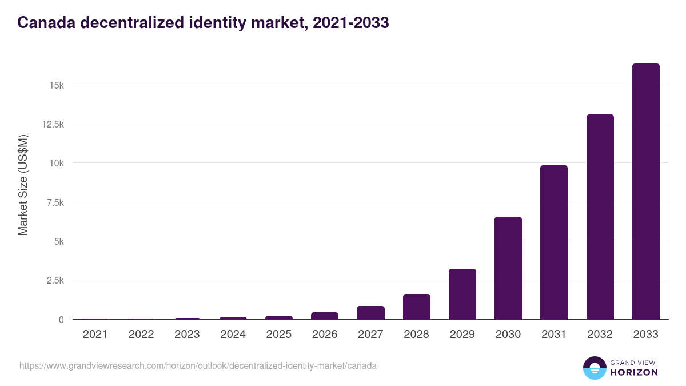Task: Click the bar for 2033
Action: coord(645,192)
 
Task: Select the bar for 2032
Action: coord(600,217)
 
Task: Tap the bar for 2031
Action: coord(554,242)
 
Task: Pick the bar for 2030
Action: coord(508,268)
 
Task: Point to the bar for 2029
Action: coord(462,294)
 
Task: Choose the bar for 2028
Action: coord(416,307)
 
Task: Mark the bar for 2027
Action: coord(370,313)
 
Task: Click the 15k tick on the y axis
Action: coord(56,85)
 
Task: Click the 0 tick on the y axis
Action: coord(61,320)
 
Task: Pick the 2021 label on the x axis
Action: coord(95,335)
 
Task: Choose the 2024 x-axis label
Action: coord(233,335)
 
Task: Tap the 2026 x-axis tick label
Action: coord(325,335)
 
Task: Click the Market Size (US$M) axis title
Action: coord(23,185)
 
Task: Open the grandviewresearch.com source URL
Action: coord(198,365)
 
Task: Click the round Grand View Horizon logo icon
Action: coord(595,368)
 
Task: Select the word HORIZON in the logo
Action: coord(634,372)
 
